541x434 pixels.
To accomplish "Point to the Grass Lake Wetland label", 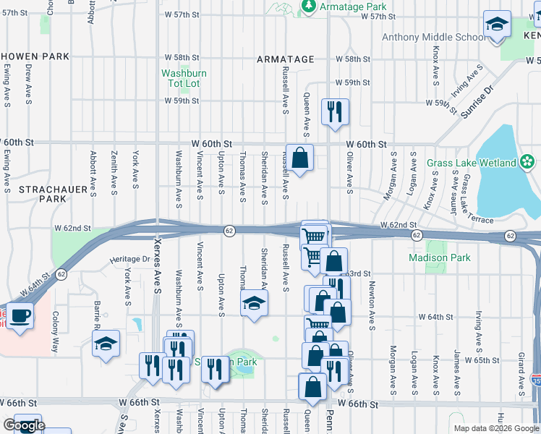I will [471, 163].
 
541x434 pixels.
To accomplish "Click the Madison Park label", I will [439, 258].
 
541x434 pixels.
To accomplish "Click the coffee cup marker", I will [21, 315].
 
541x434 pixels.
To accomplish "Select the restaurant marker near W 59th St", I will [334, 111].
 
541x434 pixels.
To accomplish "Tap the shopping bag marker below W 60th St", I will [301, 157].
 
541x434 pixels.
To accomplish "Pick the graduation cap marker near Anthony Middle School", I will [497, 27].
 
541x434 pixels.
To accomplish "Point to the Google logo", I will [24, 426].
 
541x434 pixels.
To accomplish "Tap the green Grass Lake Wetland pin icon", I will [528, 161].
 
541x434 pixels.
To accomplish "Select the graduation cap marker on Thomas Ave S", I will [254, 304].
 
